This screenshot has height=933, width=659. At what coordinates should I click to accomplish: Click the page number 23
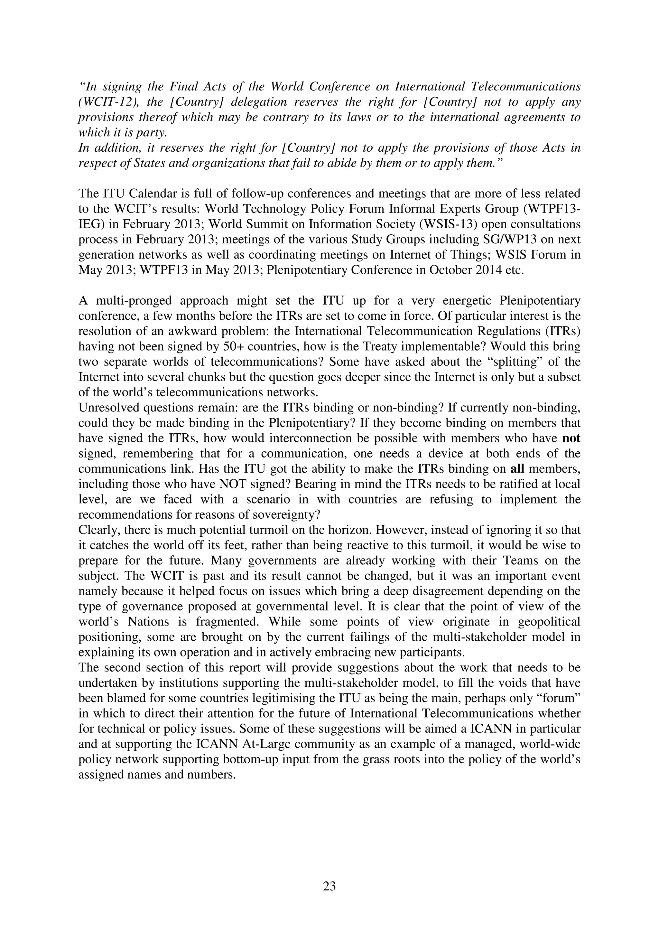coord(329,883)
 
